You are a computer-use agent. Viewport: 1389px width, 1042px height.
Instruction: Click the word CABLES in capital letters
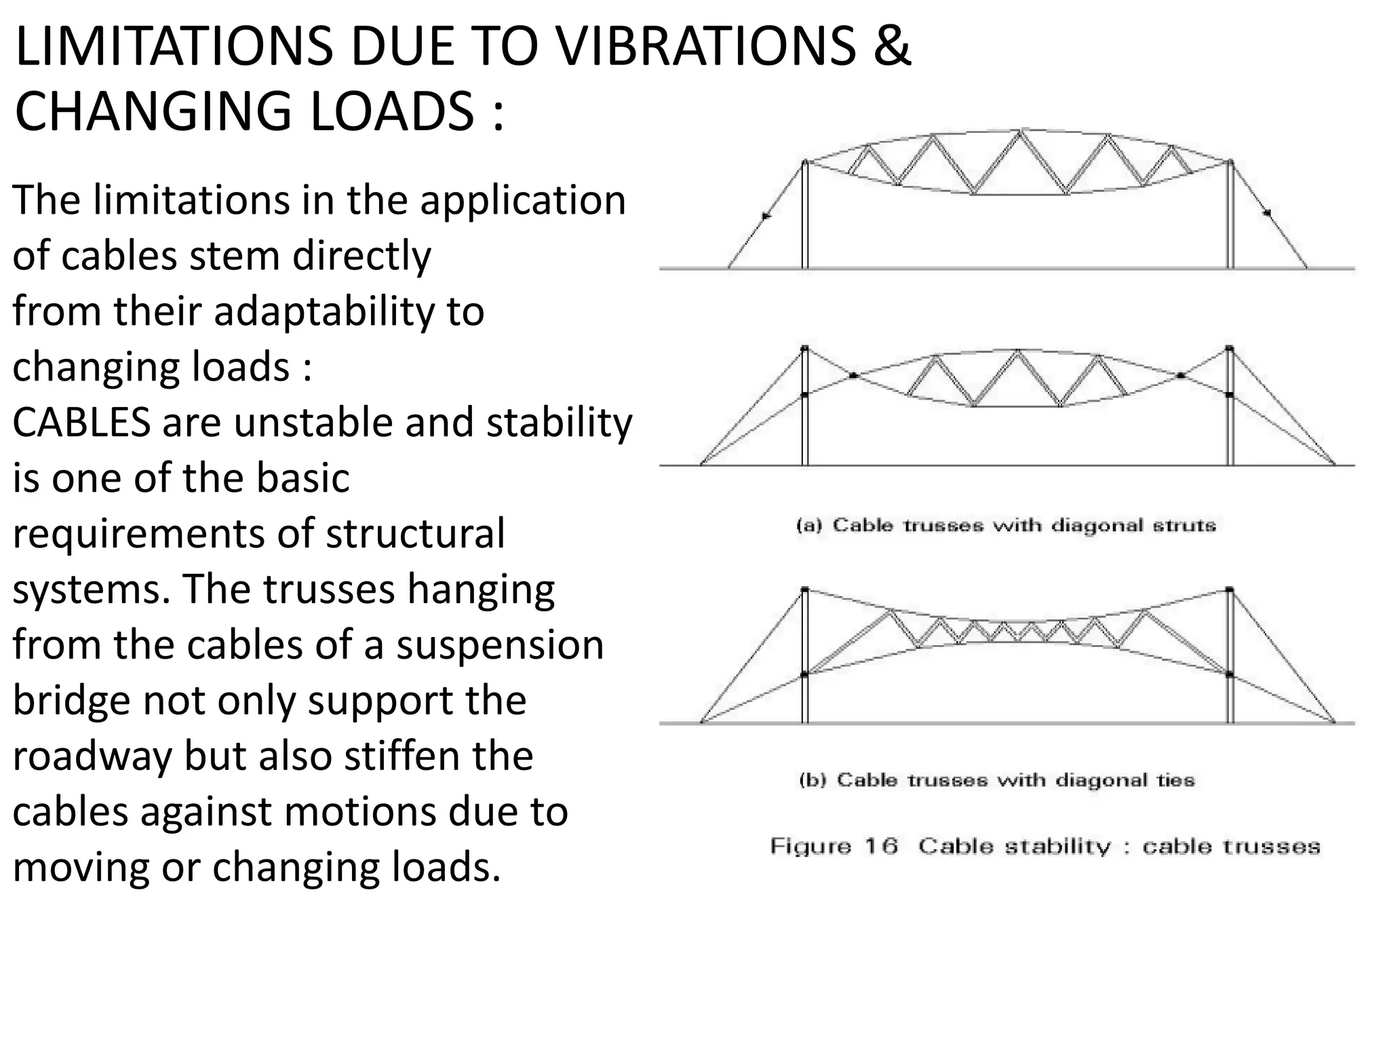click(x=81, y=423)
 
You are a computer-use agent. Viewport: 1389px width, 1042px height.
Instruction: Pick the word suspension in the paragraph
click(x=500, y=645)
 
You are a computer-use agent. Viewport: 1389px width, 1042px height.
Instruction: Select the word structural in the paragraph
click(x=415, y=534)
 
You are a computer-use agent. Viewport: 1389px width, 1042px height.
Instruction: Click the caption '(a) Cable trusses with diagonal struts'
click(x=1006, y=526)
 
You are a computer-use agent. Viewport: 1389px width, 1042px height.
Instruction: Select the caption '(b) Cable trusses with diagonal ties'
click(x=997, y=780)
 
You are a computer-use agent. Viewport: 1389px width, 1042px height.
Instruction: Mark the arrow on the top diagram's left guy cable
click(x=766, y=216)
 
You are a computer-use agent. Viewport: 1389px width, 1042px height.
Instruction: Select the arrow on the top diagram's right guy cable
click(x=1266, y=214)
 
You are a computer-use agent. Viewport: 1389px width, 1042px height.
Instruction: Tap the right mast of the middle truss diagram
click(x=1230, y=407)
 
